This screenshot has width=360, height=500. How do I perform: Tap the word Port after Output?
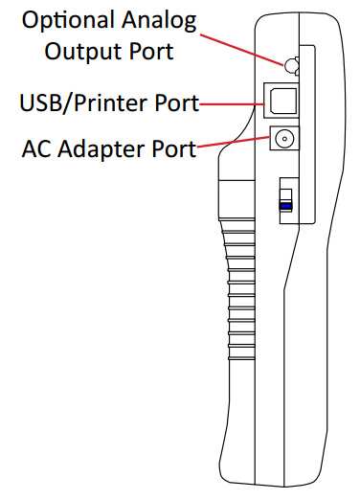(x=151, y=50)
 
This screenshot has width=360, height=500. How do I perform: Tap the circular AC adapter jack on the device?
(x=283, y=140)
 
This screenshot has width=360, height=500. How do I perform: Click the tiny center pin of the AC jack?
(x=283, y=140)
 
